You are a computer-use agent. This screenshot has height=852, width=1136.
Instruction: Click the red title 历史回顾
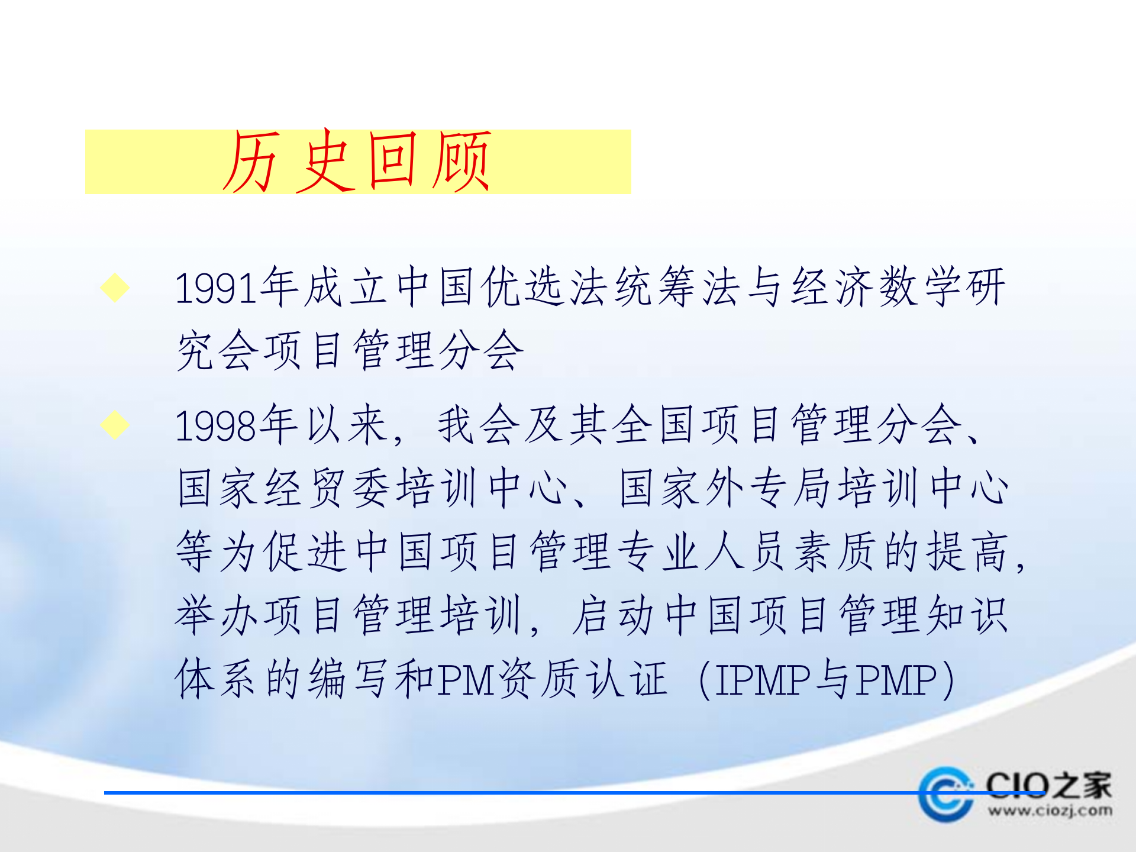(x=357, y=161)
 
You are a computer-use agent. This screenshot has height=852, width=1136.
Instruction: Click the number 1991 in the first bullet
(x=217, y=289)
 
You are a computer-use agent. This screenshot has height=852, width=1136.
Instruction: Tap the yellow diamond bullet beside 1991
(x=115, y=288)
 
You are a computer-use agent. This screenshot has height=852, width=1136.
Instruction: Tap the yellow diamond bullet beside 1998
(x=115, y=425)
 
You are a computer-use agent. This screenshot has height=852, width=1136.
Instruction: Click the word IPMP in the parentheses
(x=763, y=680)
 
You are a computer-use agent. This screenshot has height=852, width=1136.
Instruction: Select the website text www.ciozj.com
(x=1050, y=811)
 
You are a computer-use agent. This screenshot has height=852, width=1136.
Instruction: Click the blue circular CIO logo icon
(x=945, y=794)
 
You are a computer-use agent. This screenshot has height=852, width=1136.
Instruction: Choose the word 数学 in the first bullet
(x=921, y=288)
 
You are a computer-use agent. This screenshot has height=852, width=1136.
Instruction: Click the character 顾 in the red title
(x=461, y=161)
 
